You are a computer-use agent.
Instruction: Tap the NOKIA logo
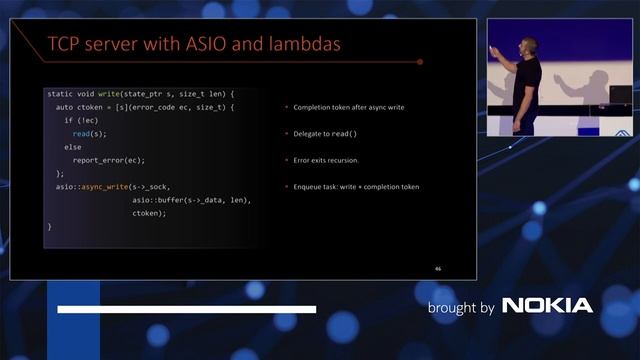coord(547,306)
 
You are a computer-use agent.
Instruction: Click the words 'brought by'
coord(460,307)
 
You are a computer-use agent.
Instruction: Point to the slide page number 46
coord(438,268)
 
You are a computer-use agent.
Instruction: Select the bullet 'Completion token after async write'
coord(346,106)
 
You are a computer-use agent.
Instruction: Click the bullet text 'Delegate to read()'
coord(327,133)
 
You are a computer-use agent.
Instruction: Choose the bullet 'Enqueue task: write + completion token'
coord(356,186)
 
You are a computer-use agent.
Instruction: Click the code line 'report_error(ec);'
coord(108,159)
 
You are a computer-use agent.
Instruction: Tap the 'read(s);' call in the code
coord(89,133)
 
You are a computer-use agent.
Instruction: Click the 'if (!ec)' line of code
coord(82,119)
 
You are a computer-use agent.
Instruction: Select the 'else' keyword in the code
coord(72,146)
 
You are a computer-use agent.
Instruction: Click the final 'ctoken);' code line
coord(149,213)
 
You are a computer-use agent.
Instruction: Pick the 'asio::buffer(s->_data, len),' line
coord(191,199)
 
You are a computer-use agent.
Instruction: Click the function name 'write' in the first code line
coord(110,93)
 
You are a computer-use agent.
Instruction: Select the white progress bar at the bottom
coord(187,309)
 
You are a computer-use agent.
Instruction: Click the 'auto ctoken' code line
coord(145,106)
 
